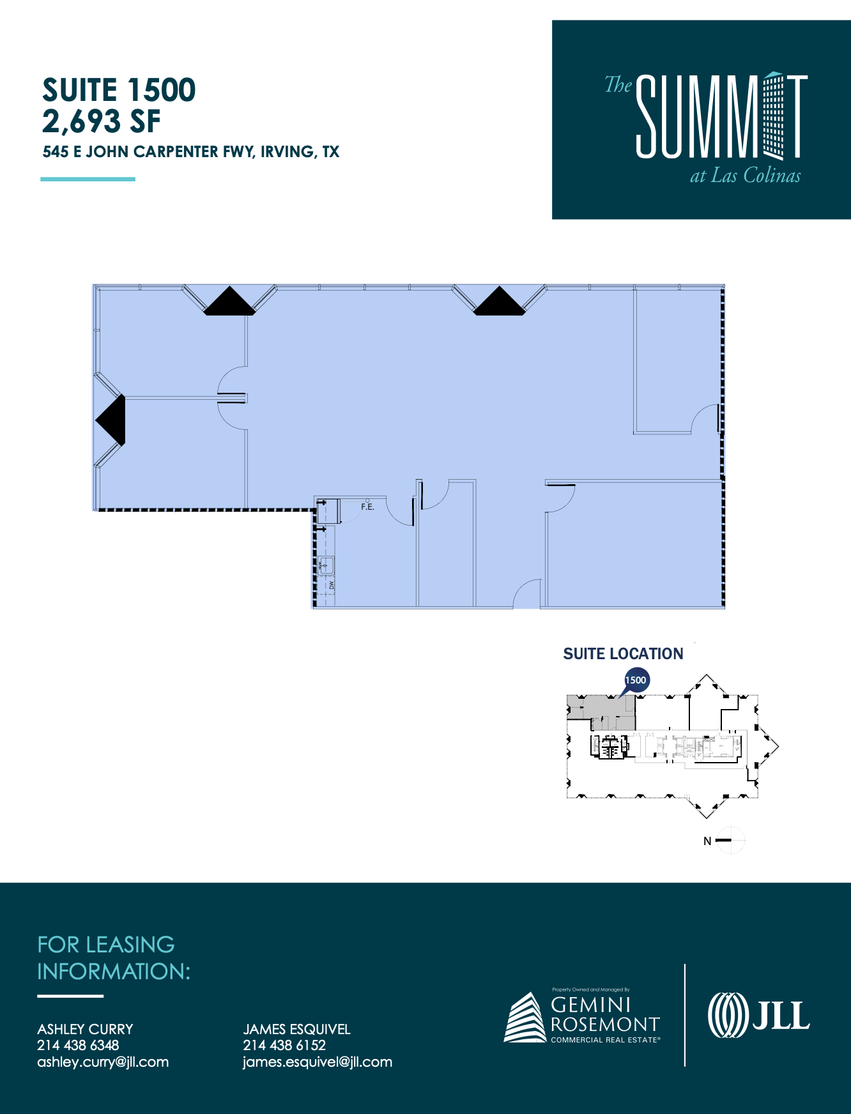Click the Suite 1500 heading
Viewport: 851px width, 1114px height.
pos(119,90)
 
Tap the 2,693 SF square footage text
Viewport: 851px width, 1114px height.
pos(101,121)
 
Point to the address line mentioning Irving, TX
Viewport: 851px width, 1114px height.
pos(190,152)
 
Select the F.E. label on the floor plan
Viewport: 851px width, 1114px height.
pos(367,507)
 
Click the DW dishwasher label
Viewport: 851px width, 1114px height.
pos(332,585)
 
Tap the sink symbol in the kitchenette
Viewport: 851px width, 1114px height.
pos(326,565)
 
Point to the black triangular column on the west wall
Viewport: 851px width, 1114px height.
pos(112,420)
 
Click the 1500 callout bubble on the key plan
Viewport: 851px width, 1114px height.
pos(636,680)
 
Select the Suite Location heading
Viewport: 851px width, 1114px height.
pos(623,653)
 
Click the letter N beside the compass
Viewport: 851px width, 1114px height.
pos(707,841)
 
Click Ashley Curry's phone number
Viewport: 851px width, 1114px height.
pos(78,1045)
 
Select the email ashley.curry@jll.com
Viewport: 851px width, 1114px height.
pos(103,1062)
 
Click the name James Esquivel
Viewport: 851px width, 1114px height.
pos(296,1029)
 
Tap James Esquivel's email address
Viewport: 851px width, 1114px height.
pos(318,1062)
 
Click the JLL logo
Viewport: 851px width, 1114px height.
pos(758,1015)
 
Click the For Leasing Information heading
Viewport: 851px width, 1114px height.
pos(114,958)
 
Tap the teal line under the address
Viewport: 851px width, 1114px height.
pos(88,179)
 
